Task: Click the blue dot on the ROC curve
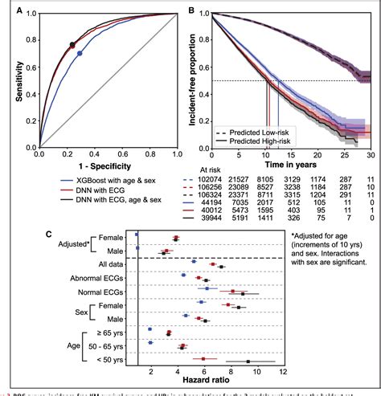[x=79, y=54]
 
